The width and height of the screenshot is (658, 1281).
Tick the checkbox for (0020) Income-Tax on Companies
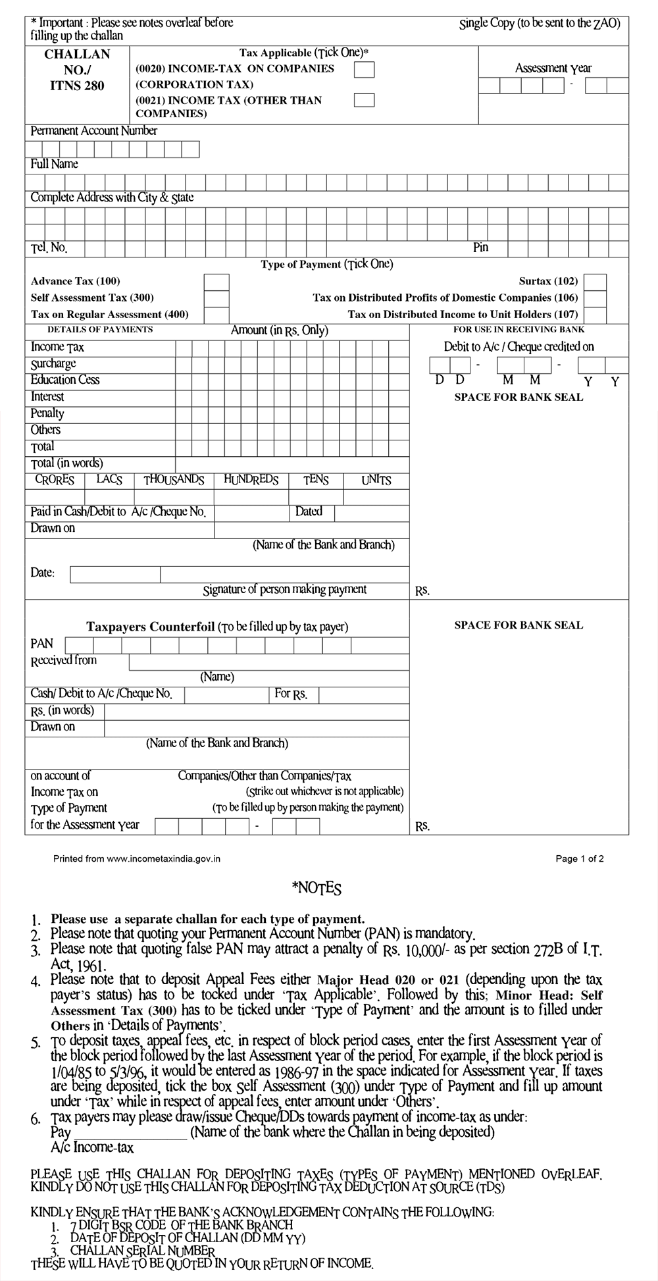click(x=364, y=69)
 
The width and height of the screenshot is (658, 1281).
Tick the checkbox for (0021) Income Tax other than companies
click(x=364, y=100)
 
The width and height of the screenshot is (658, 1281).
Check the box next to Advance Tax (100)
click(x=216, y=282)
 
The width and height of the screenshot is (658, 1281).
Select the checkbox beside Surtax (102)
click(x=595, y=282)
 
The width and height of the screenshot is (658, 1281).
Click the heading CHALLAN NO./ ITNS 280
click(x=77, y=70)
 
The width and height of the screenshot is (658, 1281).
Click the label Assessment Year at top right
click(x=553, y=68)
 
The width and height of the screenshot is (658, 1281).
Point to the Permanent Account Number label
click(x=93, y=131)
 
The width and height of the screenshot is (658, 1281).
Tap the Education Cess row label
click(x=65, y=380)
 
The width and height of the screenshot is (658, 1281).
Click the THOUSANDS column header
click(x=174, y=480)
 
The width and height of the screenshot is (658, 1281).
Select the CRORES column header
click(x=55, y=480)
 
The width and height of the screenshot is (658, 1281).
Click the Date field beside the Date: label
click(x=115, y=575)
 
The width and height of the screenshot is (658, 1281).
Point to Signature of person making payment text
click(x=284, y=589)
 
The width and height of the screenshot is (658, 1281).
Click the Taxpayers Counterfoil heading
click(x=151, y=627)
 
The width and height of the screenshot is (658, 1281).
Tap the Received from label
click(x=63, y=660)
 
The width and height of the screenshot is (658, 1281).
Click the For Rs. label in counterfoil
click(x=290, y=694)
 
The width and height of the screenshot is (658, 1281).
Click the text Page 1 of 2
click(x=580, y=858)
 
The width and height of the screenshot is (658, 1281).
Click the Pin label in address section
click(x=480, y=248)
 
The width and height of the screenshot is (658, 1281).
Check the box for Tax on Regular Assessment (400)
click(x=216, y=315)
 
